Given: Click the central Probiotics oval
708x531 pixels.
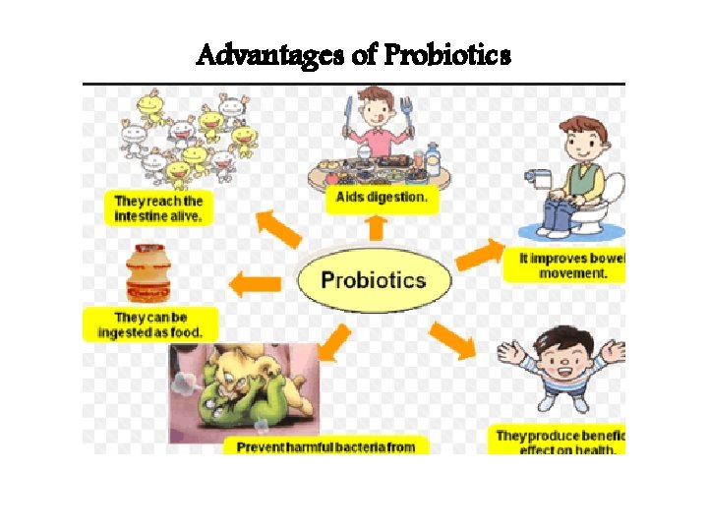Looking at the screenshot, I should point(374,279).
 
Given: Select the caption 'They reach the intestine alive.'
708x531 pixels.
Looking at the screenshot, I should point(158,208).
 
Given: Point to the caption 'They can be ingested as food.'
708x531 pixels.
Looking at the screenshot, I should point(149,325).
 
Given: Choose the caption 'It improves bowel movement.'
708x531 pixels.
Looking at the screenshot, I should point(570,266).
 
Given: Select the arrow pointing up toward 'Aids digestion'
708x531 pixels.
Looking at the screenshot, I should point(375,228).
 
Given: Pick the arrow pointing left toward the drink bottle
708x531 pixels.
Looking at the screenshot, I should point(255,285).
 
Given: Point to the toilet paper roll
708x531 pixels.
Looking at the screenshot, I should point(540,177).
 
